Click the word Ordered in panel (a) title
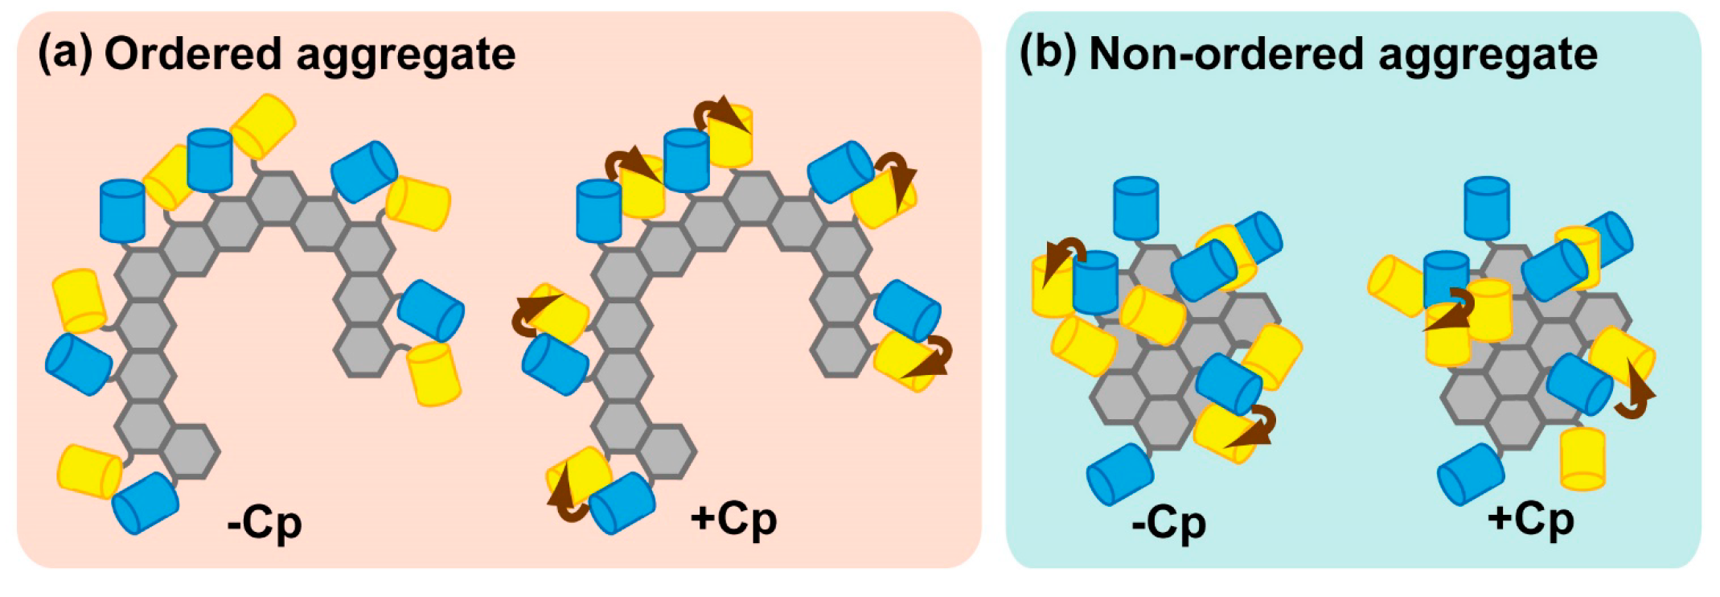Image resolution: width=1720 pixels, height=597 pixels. point(192,55)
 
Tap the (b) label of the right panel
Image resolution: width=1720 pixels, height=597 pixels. point(1048,55)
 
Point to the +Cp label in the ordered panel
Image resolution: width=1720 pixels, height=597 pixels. point(733,520)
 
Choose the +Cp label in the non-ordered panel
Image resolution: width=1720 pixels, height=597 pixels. point(1530,520)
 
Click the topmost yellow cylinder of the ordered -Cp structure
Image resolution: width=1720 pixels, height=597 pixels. point(264,126)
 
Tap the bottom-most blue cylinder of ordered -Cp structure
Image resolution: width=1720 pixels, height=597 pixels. point(146,503)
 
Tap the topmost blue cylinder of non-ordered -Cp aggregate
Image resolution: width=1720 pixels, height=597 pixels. point(1136,208)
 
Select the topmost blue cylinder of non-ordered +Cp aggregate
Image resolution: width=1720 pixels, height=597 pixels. point(1487,208)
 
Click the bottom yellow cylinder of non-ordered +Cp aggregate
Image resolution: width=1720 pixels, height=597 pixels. point(1582,458)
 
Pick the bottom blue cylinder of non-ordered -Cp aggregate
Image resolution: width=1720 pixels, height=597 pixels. point(1120,474)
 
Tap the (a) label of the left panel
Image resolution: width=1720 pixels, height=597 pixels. point(65,55)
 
